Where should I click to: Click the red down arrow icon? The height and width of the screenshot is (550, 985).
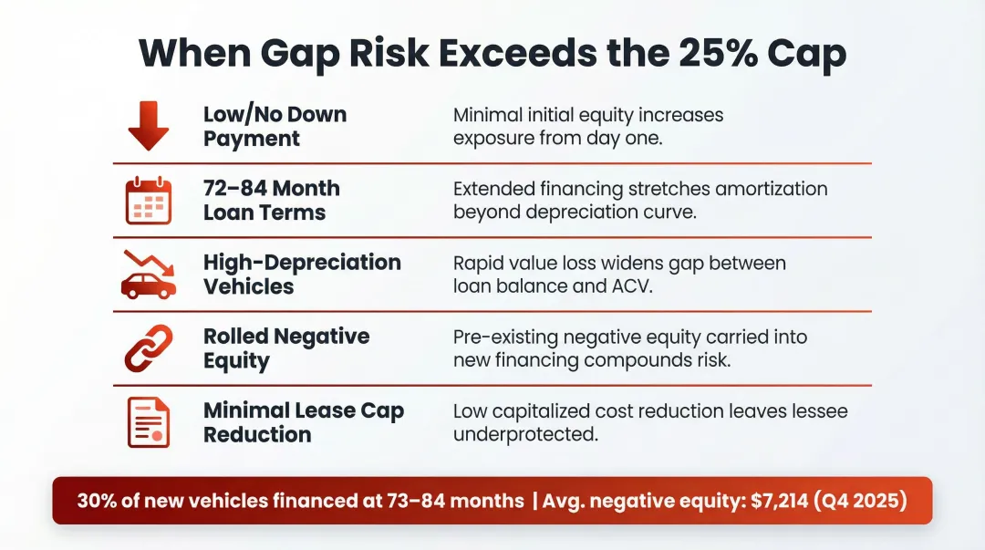tap(148, 127)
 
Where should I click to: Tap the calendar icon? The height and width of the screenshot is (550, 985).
tap(148, 201)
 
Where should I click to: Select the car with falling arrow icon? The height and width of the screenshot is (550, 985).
tap(148, 275)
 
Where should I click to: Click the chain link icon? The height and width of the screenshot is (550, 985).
tap(148, 348)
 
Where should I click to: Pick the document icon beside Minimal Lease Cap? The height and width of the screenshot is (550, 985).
tap(148, 422)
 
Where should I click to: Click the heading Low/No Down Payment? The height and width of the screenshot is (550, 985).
tap(275, 127)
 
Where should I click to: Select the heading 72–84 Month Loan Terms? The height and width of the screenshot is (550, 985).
tap(271, 201)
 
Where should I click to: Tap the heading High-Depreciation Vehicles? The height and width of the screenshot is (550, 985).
tap(301, 275)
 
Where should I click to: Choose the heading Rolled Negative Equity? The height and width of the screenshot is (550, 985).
tap(285, 348)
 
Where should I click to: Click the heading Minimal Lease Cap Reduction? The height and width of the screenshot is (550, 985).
tap(303, 422)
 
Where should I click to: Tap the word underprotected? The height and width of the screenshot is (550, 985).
tap(525, 434)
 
